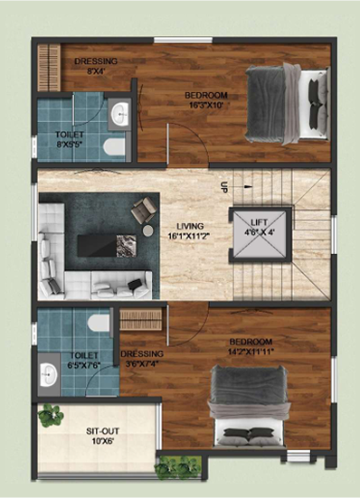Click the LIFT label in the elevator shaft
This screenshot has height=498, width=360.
pos(259,222)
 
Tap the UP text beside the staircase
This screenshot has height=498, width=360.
pos(224,187)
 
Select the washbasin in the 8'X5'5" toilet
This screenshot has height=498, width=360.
pos(120,114)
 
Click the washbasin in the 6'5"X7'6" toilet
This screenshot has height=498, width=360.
pos(49,374)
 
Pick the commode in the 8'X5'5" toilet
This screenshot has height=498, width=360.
pos(114,147)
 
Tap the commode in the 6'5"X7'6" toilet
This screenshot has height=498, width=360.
pos(99,323)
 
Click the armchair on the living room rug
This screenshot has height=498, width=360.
pos(144,210)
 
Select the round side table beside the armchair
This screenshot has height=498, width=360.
pos(148,230)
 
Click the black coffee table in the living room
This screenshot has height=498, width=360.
pos(107,246)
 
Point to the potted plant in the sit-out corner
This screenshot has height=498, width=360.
pos(51,415)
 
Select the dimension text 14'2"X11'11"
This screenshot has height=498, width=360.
pos(251,352)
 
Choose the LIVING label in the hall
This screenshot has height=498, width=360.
pos(190,226)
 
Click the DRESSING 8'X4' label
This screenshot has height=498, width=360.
pos(96,65)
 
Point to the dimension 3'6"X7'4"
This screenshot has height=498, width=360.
pos(142,363)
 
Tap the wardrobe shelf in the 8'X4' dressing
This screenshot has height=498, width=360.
pos(49,67)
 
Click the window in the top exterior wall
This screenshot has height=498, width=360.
pos(183,40)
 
